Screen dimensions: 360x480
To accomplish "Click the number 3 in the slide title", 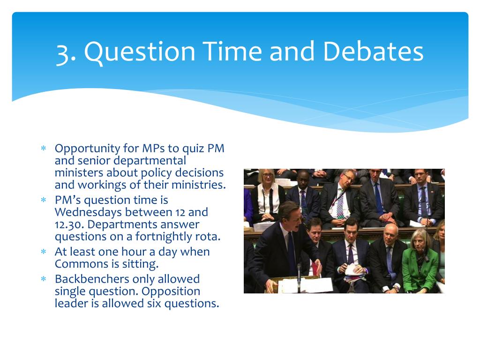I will pos(63,52).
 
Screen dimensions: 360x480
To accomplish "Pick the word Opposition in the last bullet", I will pos(171,291).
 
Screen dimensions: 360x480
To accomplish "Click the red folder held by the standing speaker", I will pos(315,270).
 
